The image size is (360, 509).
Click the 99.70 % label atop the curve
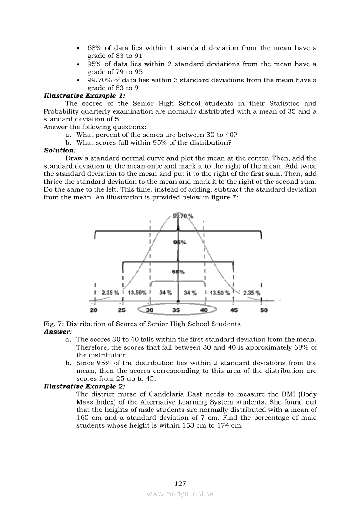click(183, 216)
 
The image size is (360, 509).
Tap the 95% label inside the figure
click(180, 242)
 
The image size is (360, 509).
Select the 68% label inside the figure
click(178, 272)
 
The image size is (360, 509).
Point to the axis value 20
click(94, 310)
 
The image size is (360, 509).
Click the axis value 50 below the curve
click(264, 310)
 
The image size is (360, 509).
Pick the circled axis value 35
click(176, 310)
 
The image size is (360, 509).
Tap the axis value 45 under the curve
click(234, 310)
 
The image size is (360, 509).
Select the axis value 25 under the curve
click(122, 310)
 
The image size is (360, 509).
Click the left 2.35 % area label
click(110, 293)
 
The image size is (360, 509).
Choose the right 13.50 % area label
click(220, 293)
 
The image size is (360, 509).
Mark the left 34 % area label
click(165, 293)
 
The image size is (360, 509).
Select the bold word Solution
click(60, 150)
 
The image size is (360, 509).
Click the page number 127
click(180, 483)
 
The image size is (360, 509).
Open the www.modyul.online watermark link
click(180, 494)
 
